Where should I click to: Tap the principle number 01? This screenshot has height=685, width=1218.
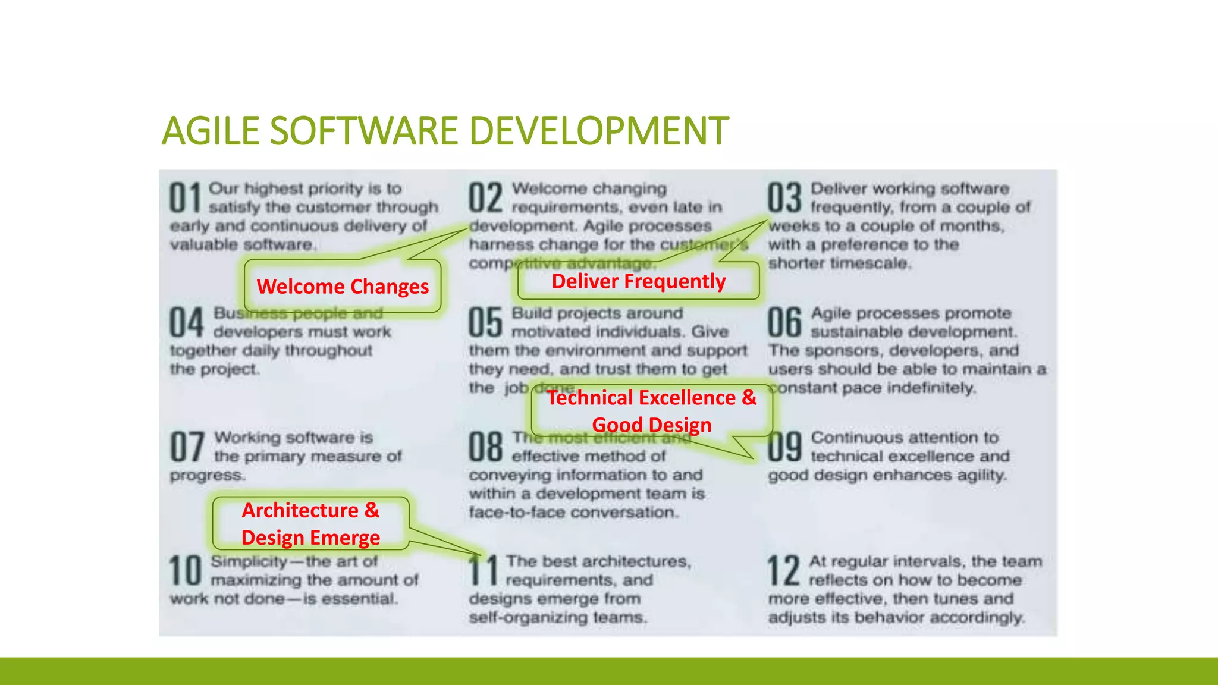(186, 198)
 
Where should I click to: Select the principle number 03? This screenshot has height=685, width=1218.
(784, 198)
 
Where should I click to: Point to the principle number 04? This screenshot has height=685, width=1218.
(187, 323)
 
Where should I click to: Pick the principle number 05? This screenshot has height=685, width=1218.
(485, 323)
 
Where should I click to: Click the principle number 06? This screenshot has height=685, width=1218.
(784, 323)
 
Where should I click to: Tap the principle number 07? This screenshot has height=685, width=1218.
(187, 447)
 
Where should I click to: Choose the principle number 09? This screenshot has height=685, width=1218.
(784, 447)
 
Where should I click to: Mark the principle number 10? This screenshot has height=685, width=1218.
(186, 571)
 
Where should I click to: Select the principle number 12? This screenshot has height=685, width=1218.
(783, 571)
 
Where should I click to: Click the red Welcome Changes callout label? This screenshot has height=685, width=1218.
(343, 287)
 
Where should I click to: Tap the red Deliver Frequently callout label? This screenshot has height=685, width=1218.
(639, 281)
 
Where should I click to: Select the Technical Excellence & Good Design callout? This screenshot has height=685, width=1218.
(652, 411)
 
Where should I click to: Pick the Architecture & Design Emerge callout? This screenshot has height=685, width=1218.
(310, 524)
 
